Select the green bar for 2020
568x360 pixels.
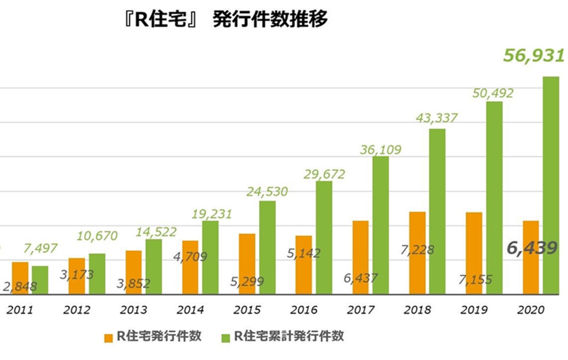(550, 185)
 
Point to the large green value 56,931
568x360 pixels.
(533, 55)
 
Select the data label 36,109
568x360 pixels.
(380, 150)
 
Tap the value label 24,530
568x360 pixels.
(267, 192)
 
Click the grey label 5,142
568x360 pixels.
(303, 253)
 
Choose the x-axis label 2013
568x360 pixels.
(133, 310)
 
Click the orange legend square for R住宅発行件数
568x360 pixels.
(108, 337)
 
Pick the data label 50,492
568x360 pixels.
(493, 94)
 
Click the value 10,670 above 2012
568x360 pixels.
(97, 235)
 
